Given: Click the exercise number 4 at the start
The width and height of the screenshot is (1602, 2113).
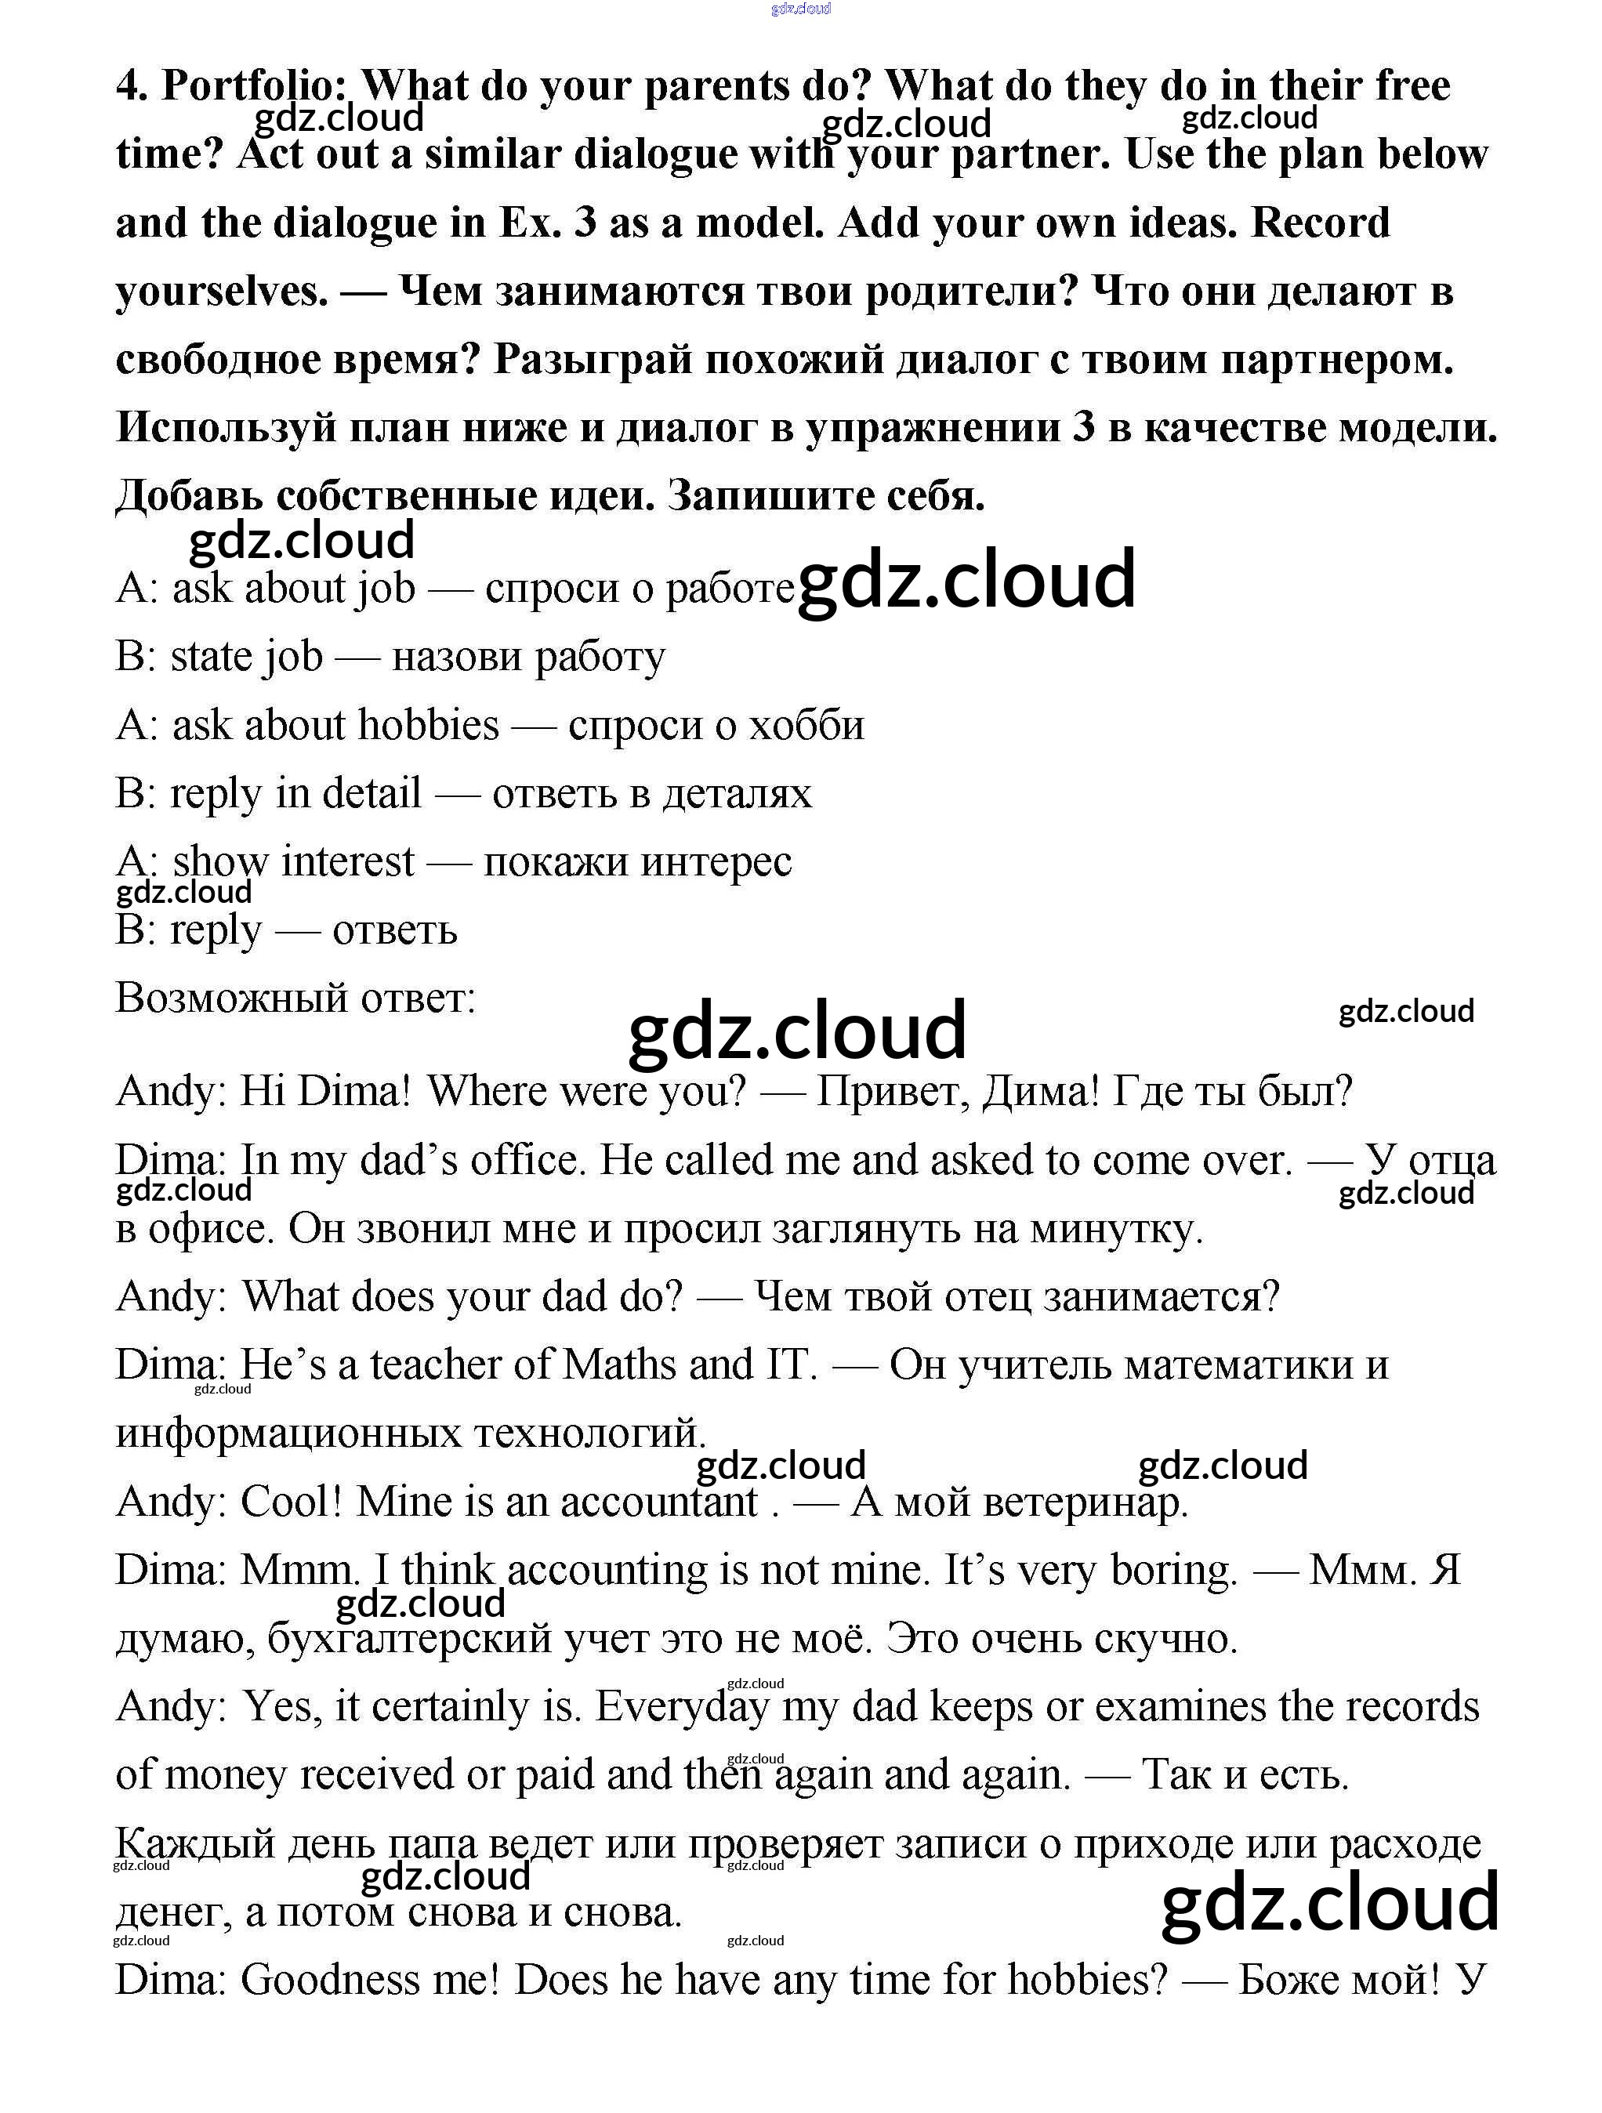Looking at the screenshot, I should tap(130, 87).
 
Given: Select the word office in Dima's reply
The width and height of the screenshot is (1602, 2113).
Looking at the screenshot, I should tap(524, 1162).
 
